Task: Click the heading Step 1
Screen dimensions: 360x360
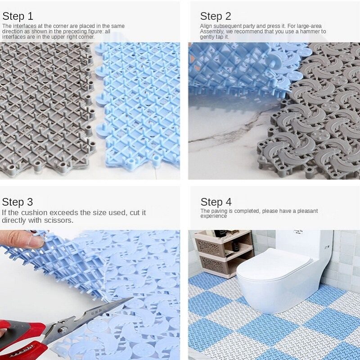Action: pos(18,16)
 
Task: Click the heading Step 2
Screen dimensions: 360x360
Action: pos(216,16)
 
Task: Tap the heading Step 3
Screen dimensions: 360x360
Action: pos(18,202)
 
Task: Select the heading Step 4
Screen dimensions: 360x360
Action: pos(216,202)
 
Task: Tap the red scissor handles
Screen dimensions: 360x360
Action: pos(21,339)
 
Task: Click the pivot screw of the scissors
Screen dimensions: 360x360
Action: pos(62,330)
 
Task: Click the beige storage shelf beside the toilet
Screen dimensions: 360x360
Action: pos(224,253)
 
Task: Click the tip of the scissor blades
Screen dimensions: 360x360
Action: pos(132,298)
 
